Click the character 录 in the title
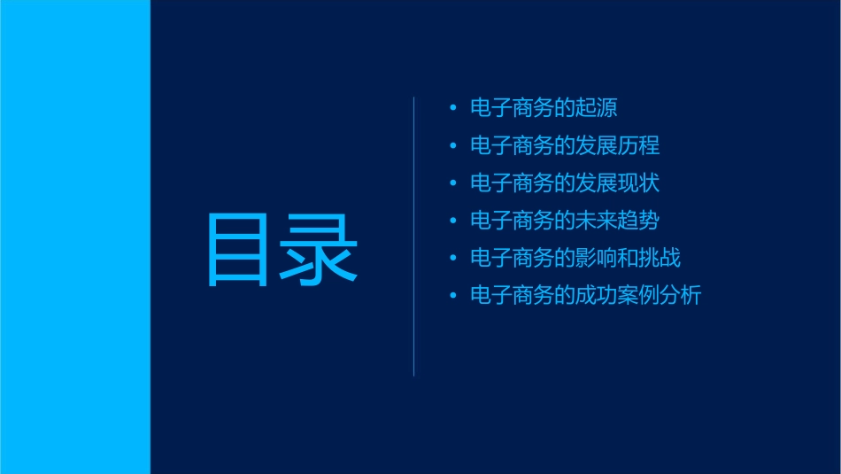(x=320, y=250)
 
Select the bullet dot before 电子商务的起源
(x=453, y=108)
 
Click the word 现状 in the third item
(x=639, y=183)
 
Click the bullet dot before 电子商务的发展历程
(x=453, y=145)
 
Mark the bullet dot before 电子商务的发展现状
(x=453, y=183)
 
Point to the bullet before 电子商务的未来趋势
(x=453, y=221)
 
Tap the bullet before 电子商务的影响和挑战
(x=453, y=258)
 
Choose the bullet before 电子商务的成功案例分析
(x=453, y=295)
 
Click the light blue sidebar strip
(x=75, y=237)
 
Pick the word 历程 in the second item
(x=639, y=145)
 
